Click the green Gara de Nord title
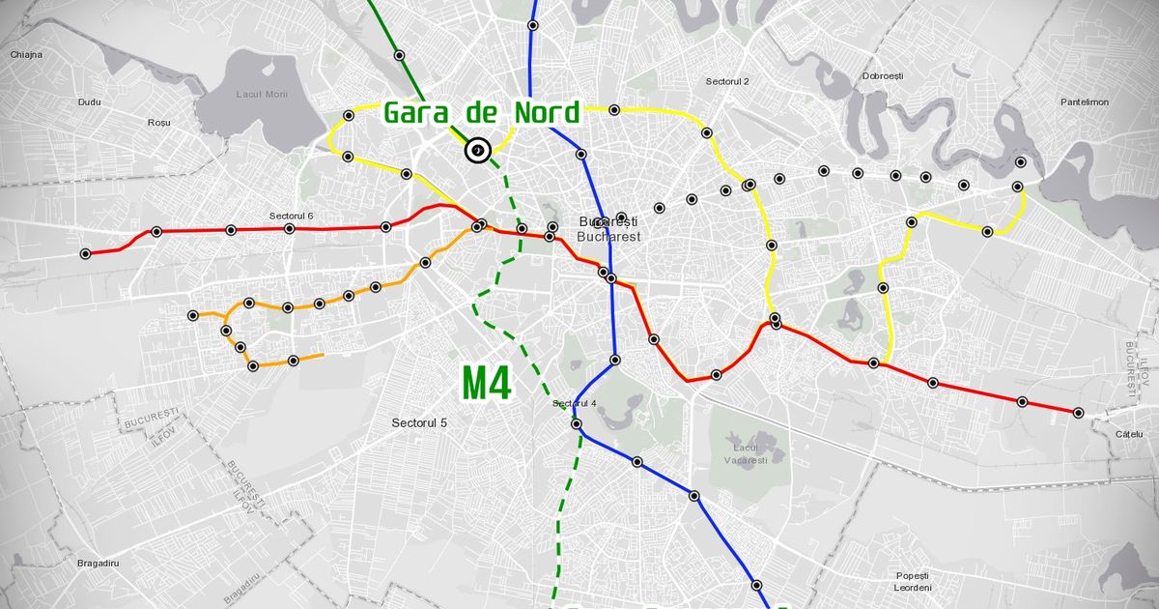tap(482, 113)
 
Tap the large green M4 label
tap(486, 383)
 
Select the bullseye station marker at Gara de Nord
tap(477, 151)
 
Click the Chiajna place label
tap(26, 55)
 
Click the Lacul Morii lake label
tap(262, 94)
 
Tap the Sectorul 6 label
tap(293, 215)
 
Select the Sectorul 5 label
tap(420, 422)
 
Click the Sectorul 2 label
tap(728, 82)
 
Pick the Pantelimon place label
tap(1085, 101)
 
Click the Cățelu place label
tap(1128, 435)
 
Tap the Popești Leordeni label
tap(913, 581)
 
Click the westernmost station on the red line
tap(86, 254)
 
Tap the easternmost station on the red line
tap(1078, 413)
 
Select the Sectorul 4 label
tap(576, 403)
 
